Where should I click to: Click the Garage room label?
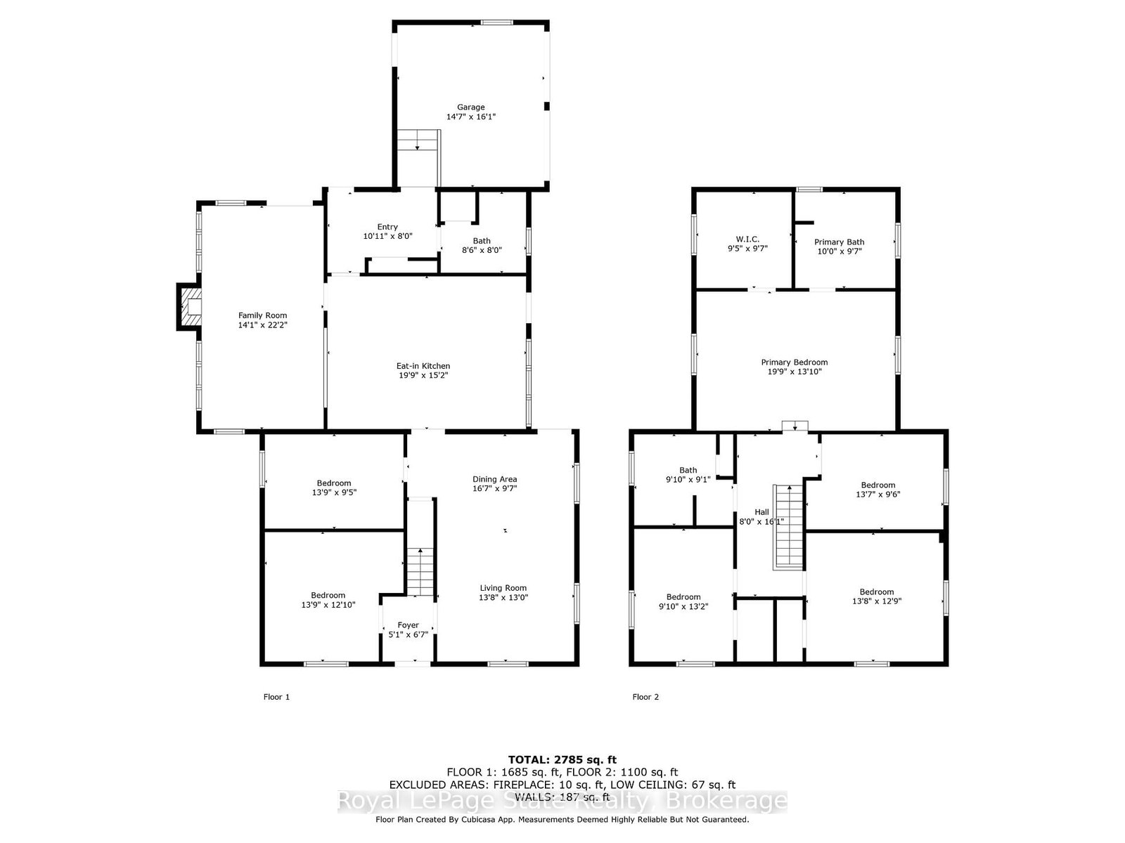tap(470, 107)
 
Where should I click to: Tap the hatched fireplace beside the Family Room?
tap(188, 306)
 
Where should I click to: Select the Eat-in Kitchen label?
tap(423, 366)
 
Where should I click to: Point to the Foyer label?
tap(408, 625)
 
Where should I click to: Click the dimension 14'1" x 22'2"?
tap(262, 325)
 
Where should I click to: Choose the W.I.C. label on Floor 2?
tap(747, 239)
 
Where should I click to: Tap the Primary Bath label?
tap(839, 242)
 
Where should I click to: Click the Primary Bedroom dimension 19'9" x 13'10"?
tap(795, 372)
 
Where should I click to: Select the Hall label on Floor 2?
tap(761, 512)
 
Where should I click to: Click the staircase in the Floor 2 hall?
tap(788, 527)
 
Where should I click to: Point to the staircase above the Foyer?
tap(420, 572)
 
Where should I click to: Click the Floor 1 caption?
tap(276, 697)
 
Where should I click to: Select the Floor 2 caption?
tap(645, 697)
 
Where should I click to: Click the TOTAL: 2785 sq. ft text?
tap(562, 759)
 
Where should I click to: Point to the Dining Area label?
tap(494, 479)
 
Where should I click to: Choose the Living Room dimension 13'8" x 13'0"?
tap(503, 597)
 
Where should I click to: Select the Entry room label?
tap(387, 227)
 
